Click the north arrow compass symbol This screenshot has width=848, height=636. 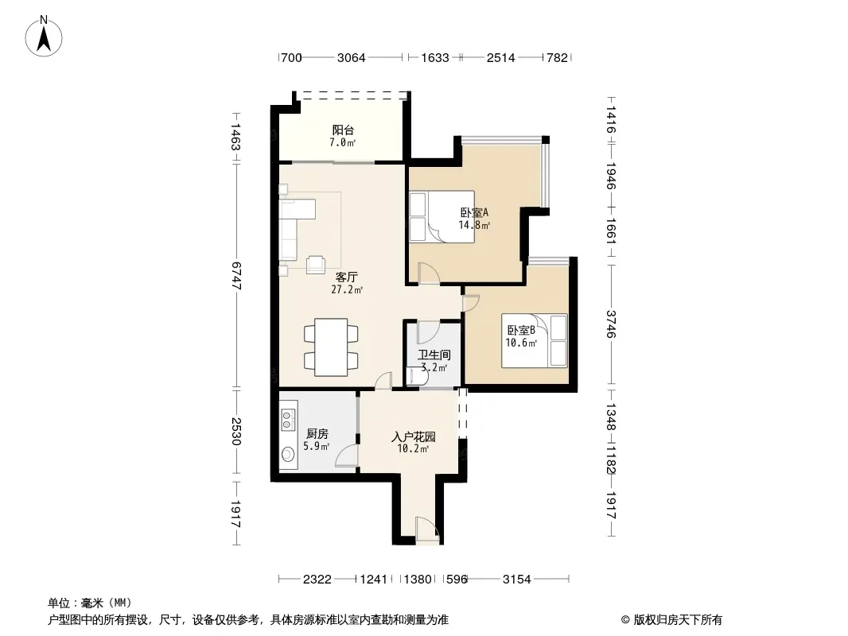point(44,37)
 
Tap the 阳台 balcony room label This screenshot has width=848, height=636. point(343,130)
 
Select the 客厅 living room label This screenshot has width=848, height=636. point(347,277)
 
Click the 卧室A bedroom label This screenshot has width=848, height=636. point(474,213)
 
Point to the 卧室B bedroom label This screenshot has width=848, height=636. point(521,330)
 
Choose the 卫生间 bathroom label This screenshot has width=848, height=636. point(434,355)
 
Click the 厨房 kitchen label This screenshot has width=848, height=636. point(317,434)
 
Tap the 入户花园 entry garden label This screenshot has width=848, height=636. point(414,436)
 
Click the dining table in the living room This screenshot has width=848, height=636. point(331,347)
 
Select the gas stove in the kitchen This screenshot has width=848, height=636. point(288,416)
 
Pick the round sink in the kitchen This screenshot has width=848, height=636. point(288,456)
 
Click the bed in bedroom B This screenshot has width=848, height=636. point(535,340)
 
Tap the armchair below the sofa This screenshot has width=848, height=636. point(317,264)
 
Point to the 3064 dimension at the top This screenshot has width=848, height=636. point(352,58)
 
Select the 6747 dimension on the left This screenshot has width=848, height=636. point(236,275)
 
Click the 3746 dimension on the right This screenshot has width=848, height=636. point(611,324)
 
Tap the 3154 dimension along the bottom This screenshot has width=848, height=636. point(517,580)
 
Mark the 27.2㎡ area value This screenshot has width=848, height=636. point(347,289)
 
